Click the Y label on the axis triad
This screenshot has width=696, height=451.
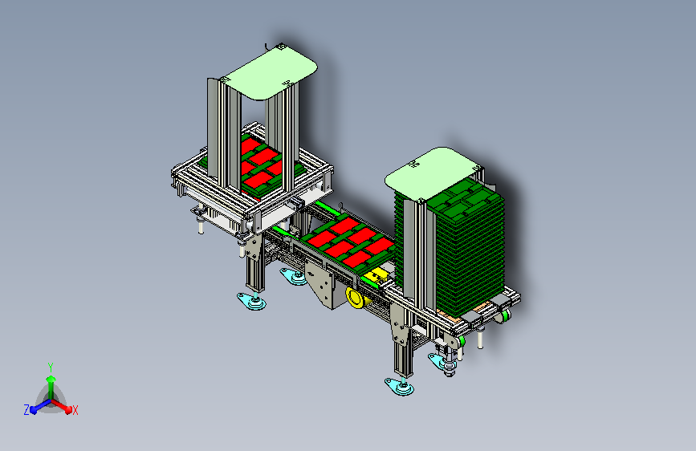click(51, 367)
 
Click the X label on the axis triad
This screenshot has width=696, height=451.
click(75, 410)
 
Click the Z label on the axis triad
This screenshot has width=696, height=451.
click(26, 410)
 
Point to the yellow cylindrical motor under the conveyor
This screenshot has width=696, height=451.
click(356, 298)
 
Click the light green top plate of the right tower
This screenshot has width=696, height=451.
click(433, 173)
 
